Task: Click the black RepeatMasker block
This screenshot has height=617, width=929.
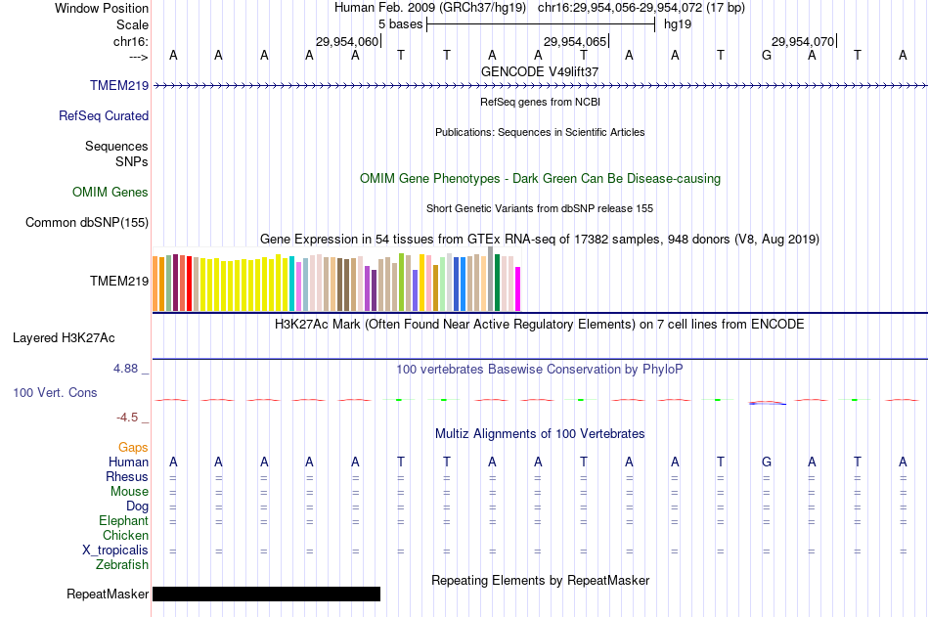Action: point(266,594)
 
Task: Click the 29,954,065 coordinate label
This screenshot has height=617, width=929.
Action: point(575,41)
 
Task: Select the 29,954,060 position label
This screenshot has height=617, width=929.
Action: point(346,41)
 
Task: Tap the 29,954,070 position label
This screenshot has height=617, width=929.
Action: point(803,41)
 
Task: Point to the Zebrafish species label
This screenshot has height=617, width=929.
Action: point(122,565)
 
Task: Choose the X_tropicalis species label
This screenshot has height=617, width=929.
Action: point(115,551)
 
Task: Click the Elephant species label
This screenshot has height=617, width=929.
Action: point(123,521)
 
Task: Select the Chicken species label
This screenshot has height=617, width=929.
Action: point(125,536)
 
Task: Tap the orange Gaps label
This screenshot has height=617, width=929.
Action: point(133,447)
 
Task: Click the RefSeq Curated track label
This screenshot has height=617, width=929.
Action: point(104,115)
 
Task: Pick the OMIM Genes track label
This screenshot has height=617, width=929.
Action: point(111,192)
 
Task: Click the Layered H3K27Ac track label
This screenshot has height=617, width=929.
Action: point(64,338)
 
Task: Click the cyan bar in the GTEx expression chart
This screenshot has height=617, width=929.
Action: point(291,285)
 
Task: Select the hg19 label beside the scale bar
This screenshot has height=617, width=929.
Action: point(678,24)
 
